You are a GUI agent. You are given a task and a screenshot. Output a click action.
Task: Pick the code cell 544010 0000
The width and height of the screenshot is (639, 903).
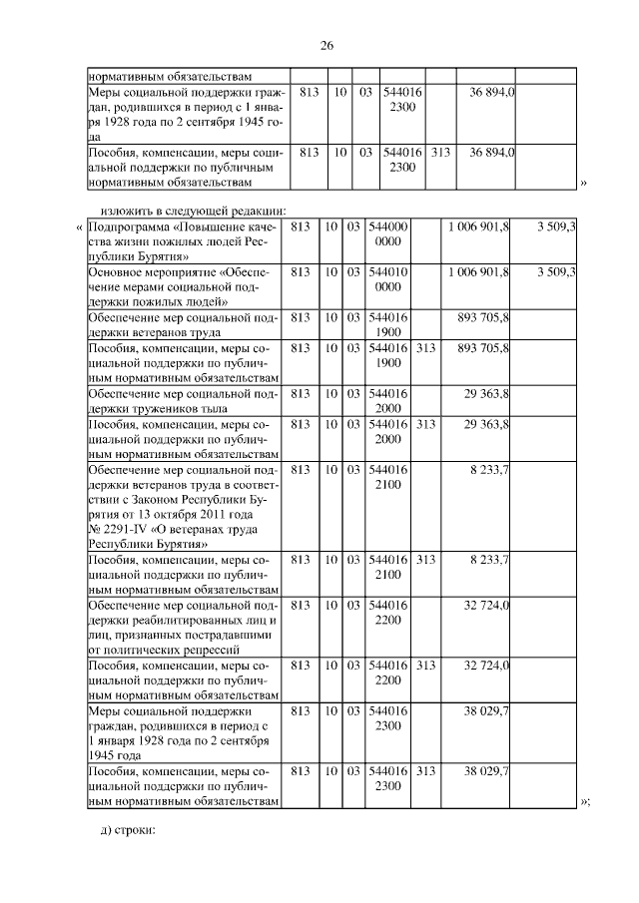(x=388, y=277)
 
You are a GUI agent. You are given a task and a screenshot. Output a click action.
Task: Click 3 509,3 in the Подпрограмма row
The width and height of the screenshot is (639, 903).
(x=556, y=226)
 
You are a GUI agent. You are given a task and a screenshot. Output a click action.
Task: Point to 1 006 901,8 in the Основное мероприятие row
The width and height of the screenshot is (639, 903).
(x=478, y=270)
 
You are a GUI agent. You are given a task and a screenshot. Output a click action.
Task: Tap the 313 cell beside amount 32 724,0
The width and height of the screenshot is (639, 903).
(x=425, y=665)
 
